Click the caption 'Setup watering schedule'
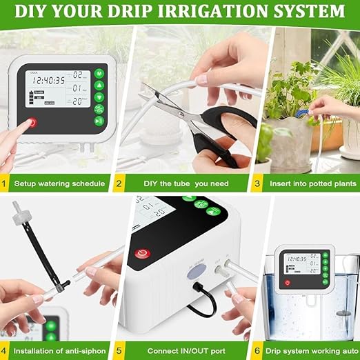pos(62,183)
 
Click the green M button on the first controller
pos(99,73)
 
